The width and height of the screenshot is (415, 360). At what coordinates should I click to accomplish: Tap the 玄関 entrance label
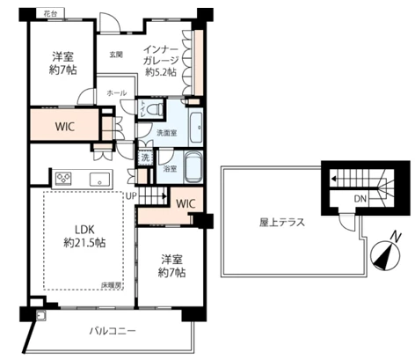click(115, 55)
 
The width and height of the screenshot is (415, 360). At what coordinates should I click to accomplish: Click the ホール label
click(115, 92)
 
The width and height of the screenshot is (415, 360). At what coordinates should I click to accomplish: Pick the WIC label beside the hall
click(62, 125)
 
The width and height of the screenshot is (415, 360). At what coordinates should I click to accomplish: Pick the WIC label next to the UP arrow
click(185, 203)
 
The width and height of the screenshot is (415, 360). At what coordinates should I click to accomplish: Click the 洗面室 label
click(167, 134)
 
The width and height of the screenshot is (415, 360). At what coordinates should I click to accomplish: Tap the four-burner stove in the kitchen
click(64, 179)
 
